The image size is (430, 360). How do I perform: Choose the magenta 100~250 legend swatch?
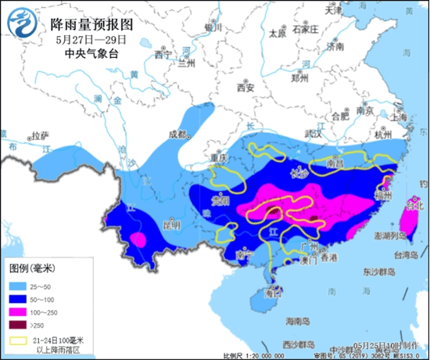tap(20, 311)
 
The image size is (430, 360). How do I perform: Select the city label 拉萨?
tap(39, 135)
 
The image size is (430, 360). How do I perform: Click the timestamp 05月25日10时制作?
tap(385, 344)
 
